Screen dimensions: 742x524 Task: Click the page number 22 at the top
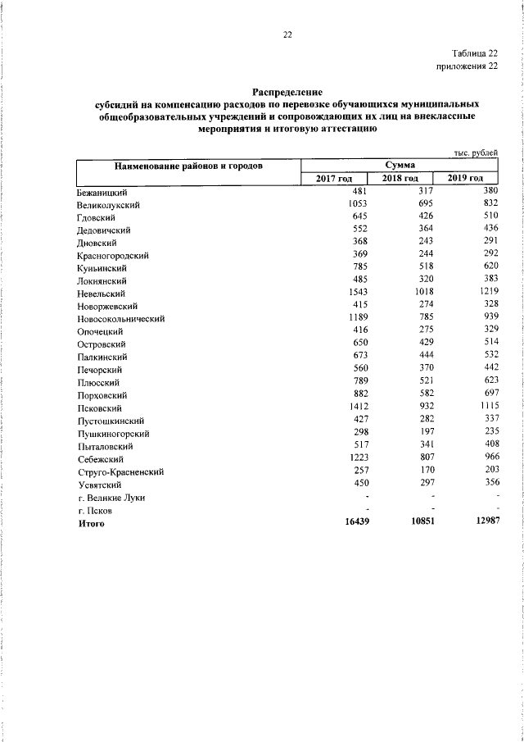[x=287, y=34]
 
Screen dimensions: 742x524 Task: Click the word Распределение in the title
[x=287, y=93]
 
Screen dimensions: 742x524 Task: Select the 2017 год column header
[x=334, y=179]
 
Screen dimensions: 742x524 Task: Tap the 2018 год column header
[x=400, y=179]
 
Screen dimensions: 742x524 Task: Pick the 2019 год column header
[x=466, y=179]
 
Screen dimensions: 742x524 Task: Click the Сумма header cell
[x=400, y=166]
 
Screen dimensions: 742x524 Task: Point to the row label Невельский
[x=101, y=293]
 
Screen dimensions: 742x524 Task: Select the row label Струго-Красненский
[x=121, y=472]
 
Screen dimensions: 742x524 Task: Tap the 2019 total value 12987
[x=482, y=522]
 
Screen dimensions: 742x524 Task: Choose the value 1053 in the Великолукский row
[x=360, y=203]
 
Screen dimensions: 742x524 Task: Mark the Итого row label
[x=91, y=523]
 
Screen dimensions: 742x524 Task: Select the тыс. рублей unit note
[x=476, y=152]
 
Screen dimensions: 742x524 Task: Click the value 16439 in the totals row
[x=357, y=522]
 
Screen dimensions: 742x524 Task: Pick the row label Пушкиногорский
[x=114, y=434]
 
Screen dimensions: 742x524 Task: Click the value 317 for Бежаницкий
[x=425, y=190]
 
